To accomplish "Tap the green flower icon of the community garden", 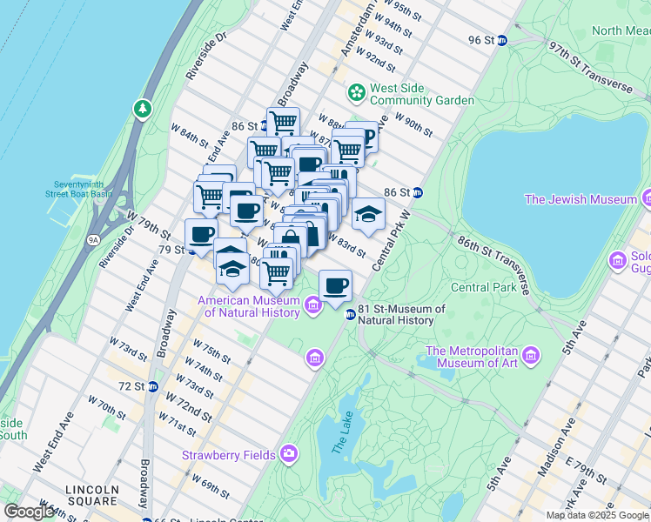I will click(x=356, y=91).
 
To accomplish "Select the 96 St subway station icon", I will click(x=502, y=41).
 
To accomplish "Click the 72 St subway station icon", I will click(x=152, y=385).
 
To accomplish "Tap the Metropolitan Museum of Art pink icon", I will click(x=531, y=356).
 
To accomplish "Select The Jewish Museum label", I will click(x=593, y=199).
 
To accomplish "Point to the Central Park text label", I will click(x=484, y=287).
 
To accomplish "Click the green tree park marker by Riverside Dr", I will click(x=141, y=109).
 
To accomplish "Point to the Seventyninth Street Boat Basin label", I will click(x=83, y=189).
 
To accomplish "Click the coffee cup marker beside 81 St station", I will click(x=335, y=285).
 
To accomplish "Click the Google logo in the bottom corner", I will click(x=29, y=512).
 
